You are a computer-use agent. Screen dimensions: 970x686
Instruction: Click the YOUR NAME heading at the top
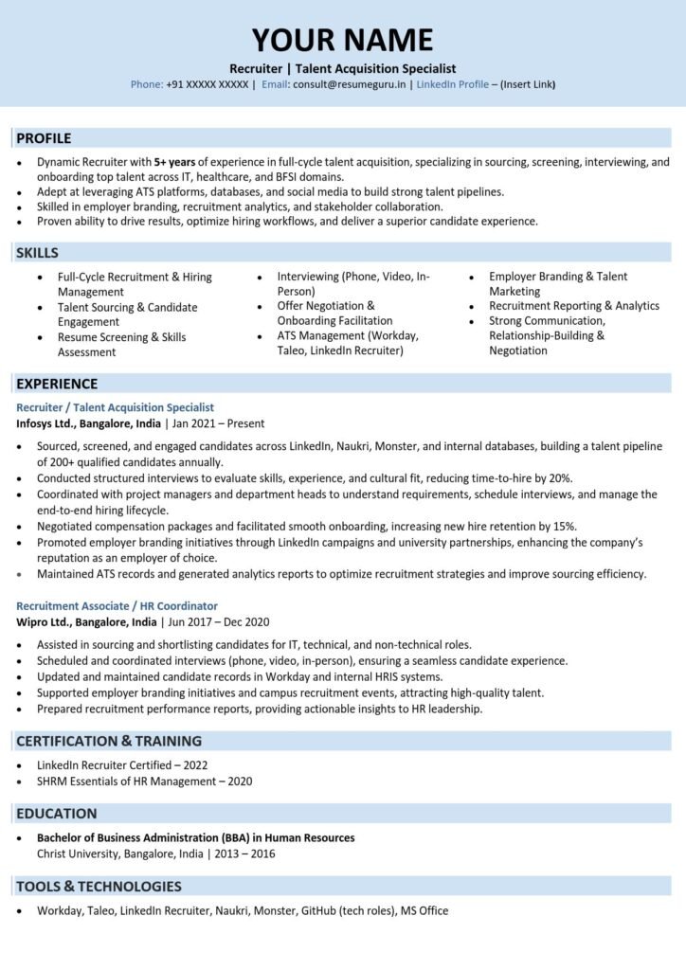pos(342,40)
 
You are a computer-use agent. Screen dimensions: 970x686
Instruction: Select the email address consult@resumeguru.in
pos(349,84)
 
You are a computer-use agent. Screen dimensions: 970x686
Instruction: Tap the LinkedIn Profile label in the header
pos(452,84)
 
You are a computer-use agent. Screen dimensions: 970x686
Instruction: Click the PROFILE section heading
pos(44,138)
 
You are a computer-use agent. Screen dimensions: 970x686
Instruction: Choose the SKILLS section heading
pos(38,253)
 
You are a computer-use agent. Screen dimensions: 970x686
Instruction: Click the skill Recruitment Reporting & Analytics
pos(573,306)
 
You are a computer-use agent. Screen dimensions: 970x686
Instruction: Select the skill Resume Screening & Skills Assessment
pos(121,345)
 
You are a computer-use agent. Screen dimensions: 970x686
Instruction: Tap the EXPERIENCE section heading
pos(57,384)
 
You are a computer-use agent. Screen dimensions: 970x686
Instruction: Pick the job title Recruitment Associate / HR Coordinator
pos(117,606)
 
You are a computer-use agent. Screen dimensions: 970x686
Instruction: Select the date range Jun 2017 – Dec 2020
pos(218,622)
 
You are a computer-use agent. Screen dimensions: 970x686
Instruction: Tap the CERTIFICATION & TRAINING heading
pos(109,741)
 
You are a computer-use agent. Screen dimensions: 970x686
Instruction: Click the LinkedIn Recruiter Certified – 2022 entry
pos(121,764)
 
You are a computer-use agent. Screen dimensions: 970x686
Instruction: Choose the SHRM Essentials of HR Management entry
pos(144,781)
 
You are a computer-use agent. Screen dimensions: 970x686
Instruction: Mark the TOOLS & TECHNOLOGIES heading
pos(99,887)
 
